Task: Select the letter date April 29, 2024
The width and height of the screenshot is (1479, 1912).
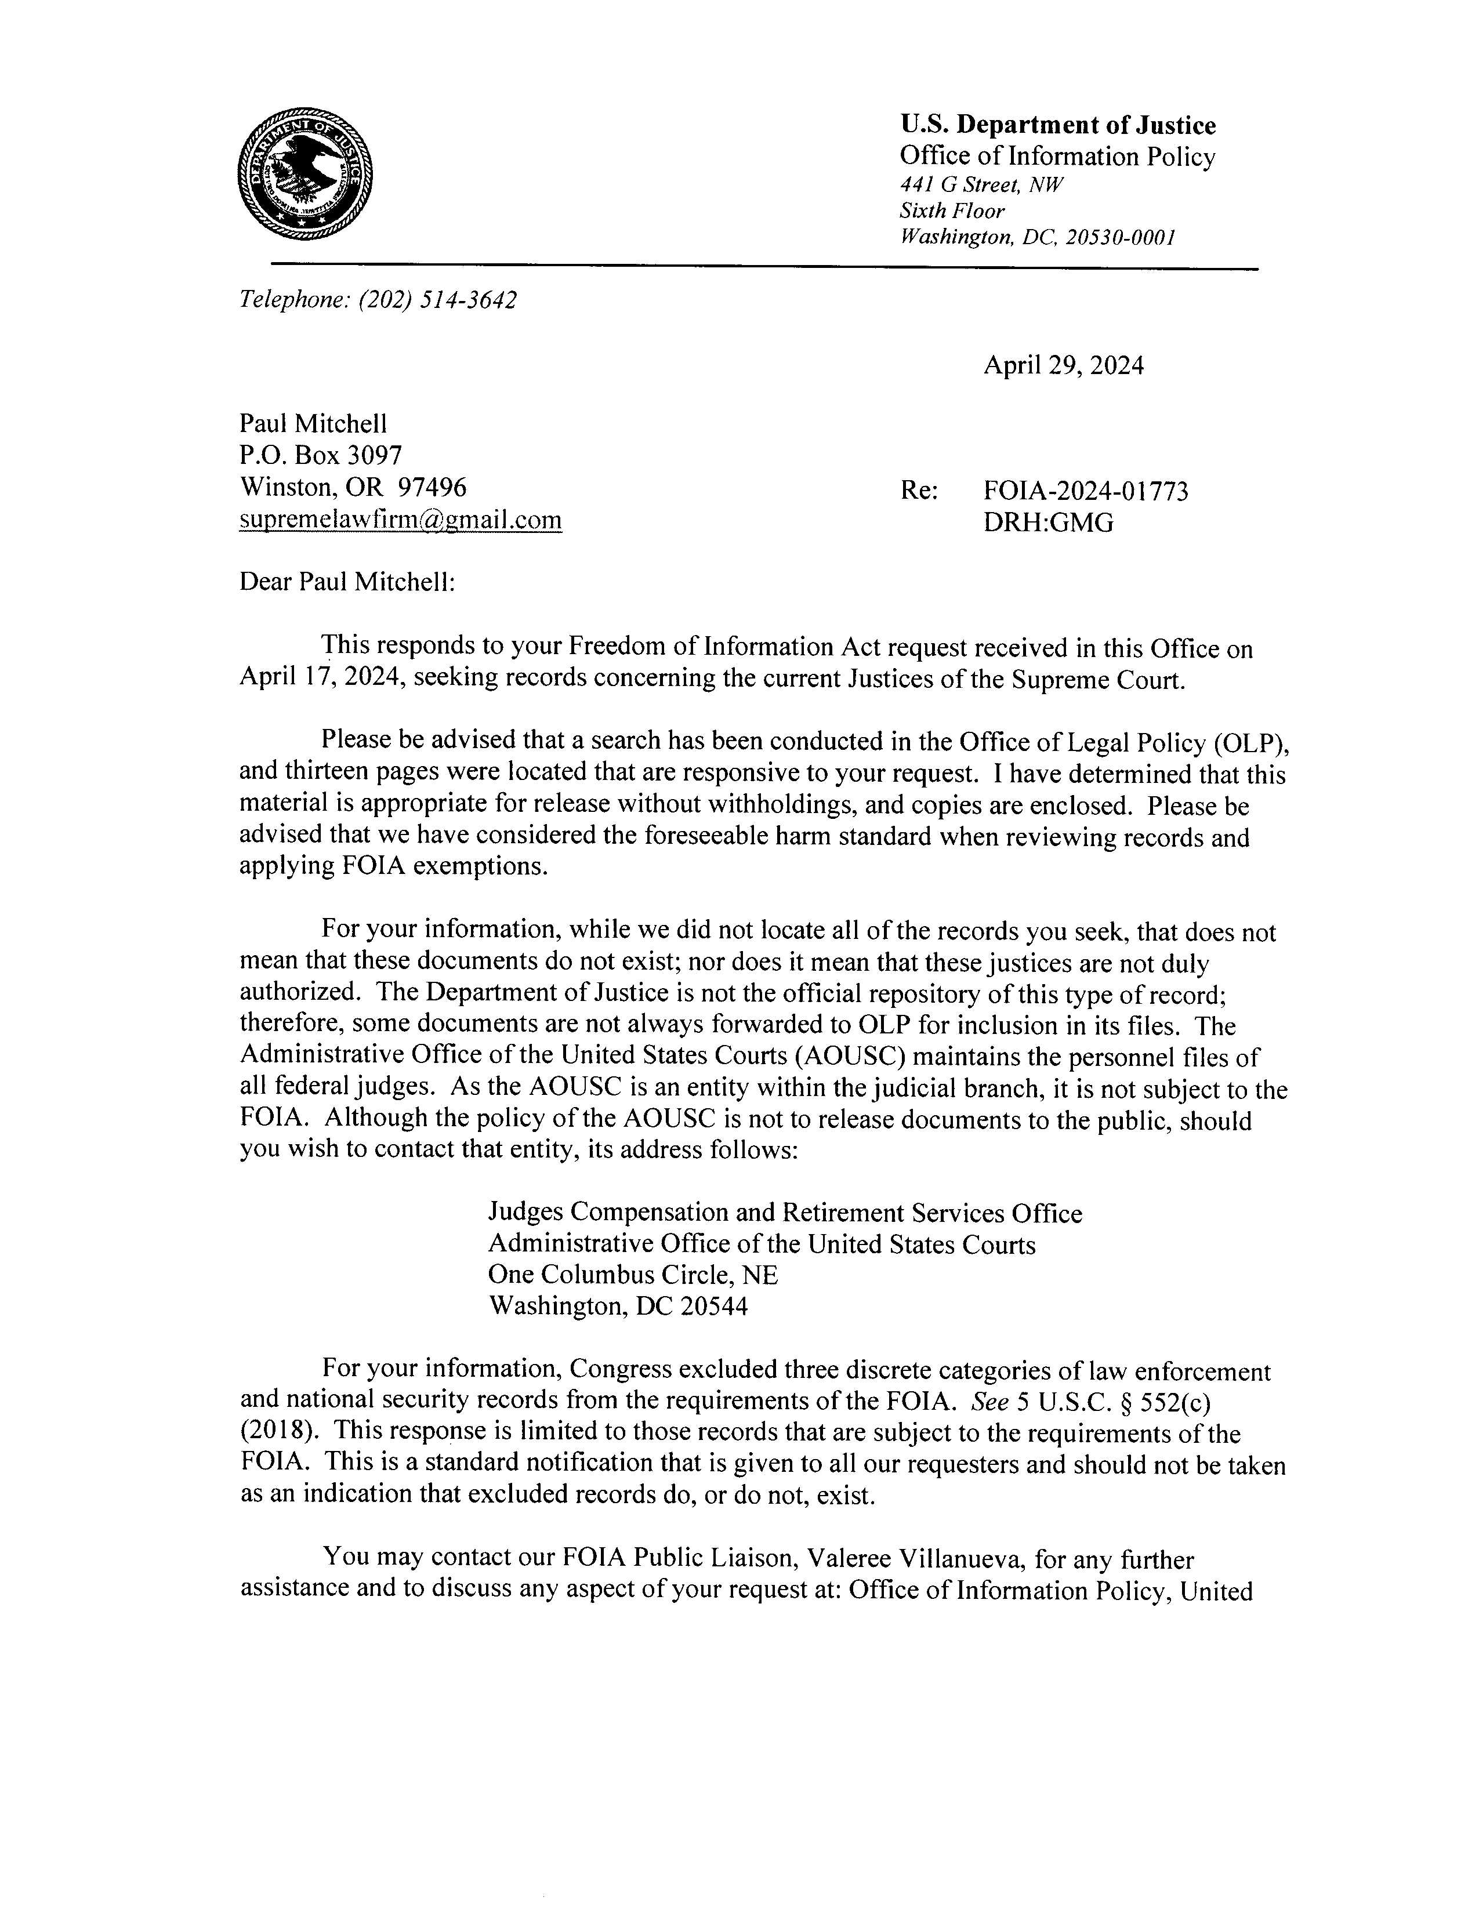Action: (1063, 365)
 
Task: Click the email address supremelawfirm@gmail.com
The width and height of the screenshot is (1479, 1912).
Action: (400, 520)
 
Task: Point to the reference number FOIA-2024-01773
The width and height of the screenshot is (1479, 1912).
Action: (1086, 491)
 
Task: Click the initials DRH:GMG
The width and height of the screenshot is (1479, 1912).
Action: (1048, 523)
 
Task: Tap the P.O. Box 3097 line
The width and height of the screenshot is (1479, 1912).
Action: (321, 455)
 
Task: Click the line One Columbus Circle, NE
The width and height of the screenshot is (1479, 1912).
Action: (632, 1275)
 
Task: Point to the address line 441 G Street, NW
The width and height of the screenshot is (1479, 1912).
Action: (981, 185)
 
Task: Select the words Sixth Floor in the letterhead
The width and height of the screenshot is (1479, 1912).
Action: (952, 211)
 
